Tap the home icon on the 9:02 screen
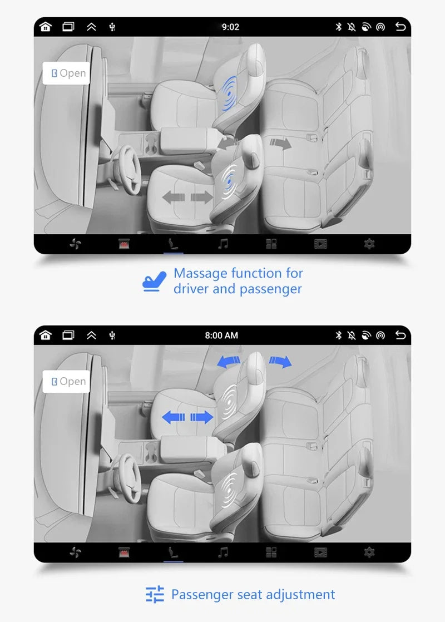[x=46, y=27]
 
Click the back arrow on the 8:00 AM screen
[x=400, y=335]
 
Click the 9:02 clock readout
[x=230, y=27]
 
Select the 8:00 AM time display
[x=221, y=335]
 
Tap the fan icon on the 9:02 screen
[x=75, y=244]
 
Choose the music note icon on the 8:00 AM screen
[x=223, y=552]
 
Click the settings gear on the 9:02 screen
[x=369, y=244]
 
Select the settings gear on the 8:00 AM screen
[x=369, y=552]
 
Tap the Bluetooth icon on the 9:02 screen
[x=338, y=27]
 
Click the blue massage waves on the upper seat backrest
[x=229, y=93]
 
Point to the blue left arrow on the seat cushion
[x=174, y=417]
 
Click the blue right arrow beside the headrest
[x=280, y=362]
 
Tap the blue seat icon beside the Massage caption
[x=154, y=282]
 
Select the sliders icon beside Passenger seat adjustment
[x=155, y=594]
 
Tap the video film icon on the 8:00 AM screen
[x=320, y=552]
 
